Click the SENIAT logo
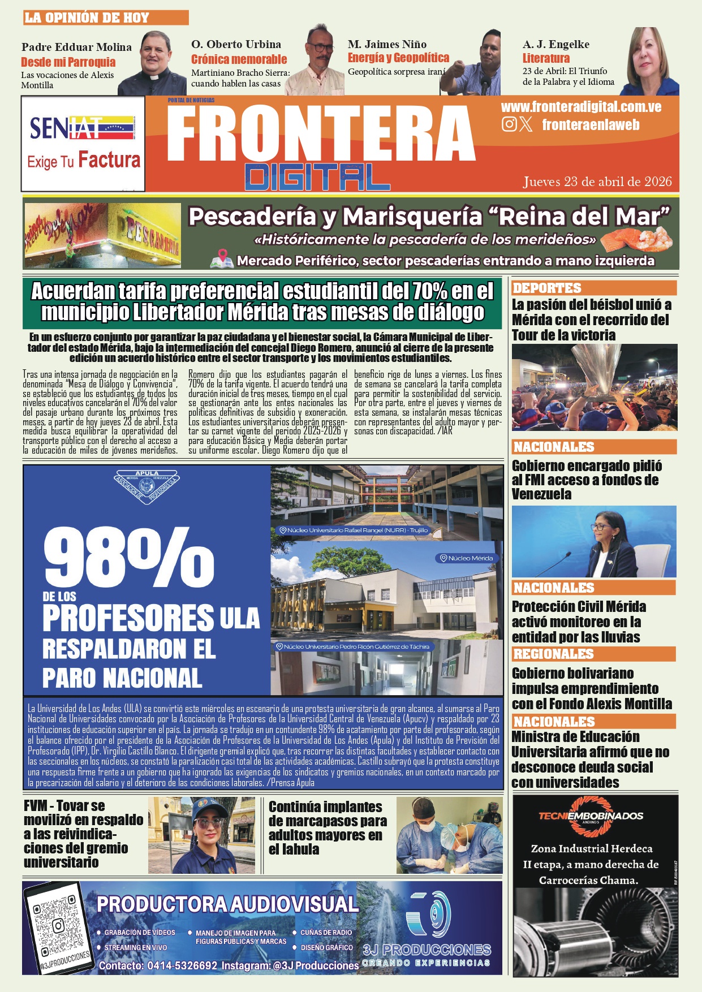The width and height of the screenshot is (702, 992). (x=82, y=128)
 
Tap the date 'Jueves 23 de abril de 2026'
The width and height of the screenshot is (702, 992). (x=597, y=182)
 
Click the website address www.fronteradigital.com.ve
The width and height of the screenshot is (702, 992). (x=581, y=107)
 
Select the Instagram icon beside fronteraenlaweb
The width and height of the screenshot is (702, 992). (x=509, y=124)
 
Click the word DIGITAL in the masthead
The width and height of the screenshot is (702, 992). (x=317, y=177)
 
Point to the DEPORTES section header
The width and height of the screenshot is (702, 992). (x=547, y=288)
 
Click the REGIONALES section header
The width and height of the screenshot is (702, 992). (x=553, y=654)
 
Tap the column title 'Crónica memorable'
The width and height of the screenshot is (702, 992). (x=239, y=59)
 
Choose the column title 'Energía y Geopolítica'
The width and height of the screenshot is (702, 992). (x=398, y=58)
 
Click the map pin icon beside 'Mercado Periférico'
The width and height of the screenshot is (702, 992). (x=222, y=259)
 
